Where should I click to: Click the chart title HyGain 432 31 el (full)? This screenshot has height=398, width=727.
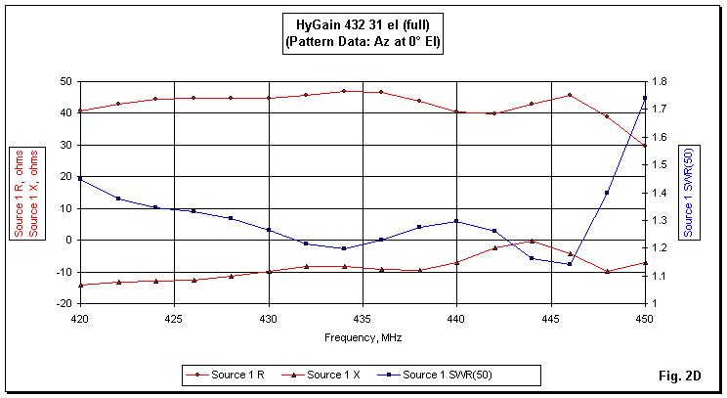coord(362,25)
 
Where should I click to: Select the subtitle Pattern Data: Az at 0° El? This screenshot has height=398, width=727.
coord(362,43)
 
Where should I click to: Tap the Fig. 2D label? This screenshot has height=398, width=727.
coord(680,376)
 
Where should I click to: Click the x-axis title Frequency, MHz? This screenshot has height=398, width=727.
coord(362,336)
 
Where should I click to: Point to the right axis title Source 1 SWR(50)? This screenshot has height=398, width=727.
coord(689,192)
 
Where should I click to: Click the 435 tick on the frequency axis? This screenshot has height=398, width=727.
coord(363,319)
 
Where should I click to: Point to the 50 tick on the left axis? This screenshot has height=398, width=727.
coord(66,81)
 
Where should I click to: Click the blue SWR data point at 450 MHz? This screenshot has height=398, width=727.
coord(645,98)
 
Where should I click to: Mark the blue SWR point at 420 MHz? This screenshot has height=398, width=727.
coord(80,179)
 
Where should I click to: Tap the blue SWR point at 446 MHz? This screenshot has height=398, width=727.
coord(570,264)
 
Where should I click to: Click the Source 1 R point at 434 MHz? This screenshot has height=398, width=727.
coord(344,91)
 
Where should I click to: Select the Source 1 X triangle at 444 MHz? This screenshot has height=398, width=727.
coord(532,241)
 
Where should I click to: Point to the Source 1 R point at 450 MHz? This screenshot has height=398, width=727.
coord(645,146)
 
